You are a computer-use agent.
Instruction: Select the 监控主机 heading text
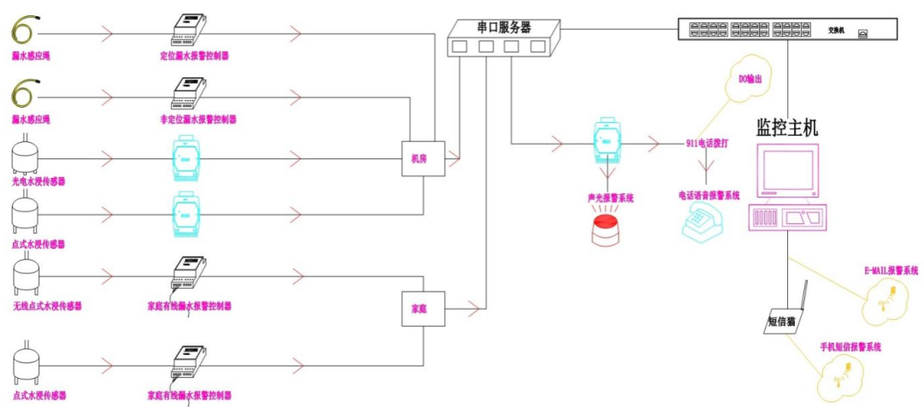(786, 128)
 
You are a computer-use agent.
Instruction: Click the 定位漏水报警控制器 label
(194, 57)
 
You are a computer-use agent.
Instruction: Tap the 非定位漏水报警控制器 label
(198, 119)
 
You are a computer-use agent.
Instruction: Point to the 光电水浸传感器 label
(38, 181)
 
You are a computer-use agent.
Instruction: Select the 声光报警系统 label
(608, 198)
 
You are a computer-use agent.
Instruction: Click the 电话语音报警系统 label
(709, 195)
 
